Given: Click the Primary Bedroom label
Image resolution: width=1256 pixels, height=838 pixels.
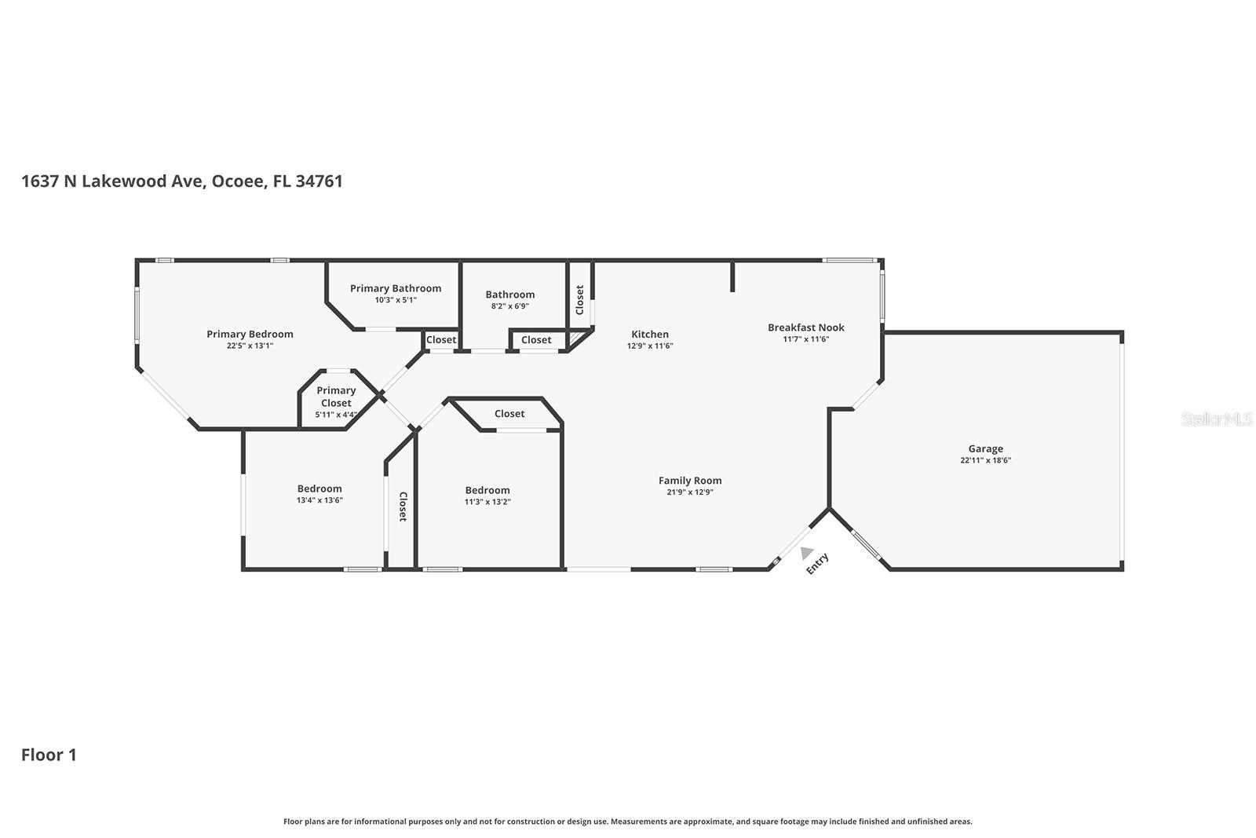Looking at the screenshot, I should tap(250, 334).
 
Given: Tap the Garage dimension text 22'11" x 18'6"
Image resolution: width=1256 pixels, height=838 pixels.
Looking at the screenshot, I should tap(985, 461).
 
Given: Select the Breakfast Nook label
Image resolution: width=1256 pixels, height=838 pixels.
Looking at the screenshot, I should tap(805, 328).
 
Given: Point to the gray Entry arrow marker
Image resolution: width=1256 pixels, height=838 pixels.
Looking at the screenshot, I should tap(807, 553).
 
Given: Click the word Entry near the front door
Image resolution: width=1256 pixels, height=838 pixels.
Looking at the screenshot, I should tap(817, 563).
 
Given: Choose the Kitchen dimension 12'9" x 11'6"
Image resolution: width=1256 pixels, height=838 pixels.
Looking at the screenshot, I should tap(650, 346).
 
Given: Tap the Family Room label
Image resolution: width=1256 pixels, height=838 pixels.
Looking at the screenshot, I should tap(690, 481).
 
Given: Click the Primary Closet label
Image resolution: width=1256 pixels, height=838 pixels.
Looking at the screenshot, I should tap(336, 397).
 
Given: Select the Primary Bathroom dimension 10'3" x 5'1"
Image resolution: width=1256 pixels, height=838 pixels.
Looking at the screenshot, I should tap(396, 300).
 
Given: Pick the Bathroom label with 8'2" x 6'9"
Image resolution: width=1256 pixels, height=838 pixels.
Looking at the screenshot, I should tap(509, 295).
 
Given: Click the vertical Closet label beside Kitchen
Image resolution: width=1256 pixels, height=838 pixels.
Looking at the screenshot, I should tap(579, 300).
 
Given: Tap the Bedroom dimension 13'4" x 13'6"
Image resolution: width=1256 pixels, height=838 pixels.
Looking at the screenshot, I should tap(319, 500).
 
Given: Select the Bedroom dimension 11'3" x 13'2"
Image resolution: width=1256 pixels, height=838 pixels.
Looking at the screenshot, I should tap(487, 502).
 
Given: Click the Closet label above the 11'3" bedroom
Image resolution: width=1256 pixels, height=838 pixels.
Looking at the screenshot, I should tap(509, 414).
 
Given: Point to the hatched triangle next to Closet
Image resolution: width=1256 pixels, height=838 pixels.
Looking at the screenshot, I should tap(579, 338).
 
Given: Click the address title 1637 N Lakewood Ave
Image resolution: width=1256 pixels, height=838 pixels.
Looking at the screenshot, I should tap(181, 181).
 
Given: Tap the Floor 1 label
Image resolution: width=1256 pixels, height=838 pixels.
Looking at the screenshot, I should tap(49, 755).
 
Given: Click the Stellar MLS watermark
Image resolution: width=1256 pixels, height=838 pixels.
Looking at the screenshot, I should tap(1216, 419).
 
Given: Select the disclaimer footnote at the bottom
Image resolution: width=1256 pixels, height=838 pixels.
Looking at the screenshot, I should tap(627, 822).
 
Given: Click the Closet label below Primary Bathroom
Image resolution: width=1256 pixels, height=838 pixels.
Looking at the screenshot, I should tap(440, 340).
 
